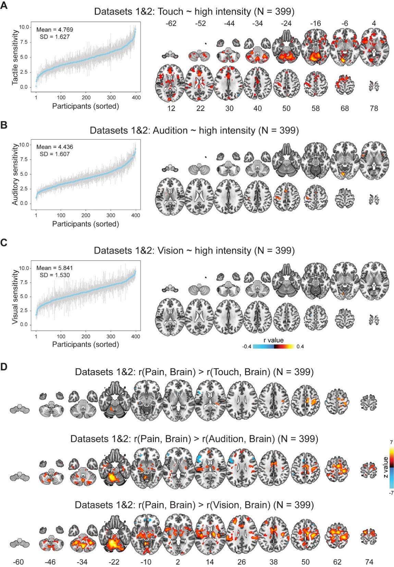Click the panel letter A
coord(4,6)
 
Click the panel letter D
coord(4,367)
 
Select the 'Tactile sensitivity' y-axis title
coord(15,57)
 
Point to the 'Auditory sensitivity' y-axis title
coord(15,174)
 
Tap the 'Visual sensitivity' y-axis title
coord(15,297)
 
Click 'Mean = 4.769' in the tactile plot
coord(54,30)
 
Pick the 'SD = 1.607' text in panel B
coord(54,154)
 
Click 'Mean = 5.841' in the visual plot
coord(54,268)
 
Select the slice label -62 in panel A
coord(171,24)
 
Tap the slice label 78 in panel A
coord(374,109)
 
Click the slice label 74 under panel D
coord(369,562)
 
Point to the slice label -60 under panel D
coord(19,562)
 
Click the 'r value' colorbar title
coord(273,340)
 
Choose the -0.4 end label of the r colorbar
coord(247,347)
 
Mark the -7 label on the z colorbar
coord(391,493)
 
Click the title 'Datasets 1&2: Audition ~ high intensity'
coord(194,131)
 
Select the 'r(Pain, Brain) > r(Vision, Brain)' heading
coord(194,505)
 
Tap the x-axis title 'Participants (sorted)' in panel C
coord(86,344)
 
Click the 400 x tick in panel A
coord(136,98)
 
